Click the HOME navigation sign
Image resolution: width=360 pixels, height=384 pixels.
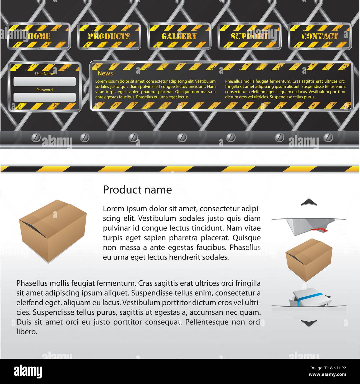[39, 36]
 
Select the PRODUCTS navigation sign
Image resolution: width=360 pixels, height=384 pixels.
[109, 36]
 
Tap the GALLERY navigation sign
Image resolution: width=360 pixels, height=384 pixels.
[179, 36]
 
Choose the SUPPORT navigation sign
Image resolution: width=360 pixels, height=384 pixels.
[250, 36]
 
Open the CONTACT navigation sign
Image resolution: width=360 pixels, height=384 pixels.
[320, 36]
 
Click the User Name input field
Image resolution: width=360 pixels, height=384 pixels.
[45, 82]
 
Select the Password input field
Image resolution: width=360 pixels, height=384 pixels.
[45, 97]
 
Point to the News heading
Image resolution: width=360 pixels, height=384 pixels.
[105, 73]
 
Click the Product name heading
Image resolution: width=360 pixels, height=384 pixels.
[137, 190]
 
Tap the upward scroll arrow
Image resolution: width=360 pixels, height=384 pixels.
[309, 202]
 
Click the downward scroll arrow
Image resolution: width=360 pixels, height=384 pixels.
[309, 323]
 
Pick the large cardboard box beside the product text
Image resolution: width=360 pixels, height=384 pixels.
[53, 231]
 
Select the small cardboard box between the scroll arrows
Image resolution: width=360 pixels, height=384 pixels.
[309, 260]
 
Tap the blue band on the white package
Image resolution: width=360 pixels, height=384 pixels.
[309, 299]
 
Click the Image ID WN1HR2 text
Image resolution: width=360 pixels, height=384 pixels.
[328, 368]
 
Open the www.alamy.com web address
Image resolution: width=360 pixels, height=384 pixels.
[327, 375]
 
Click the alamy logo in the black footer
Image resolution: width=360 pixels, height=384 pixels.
[28, 371]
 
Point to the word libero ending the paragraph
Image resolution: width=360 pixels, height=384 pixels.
[27, 332]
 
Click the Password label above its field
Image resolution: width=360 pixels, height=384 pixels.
[44, 90]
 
